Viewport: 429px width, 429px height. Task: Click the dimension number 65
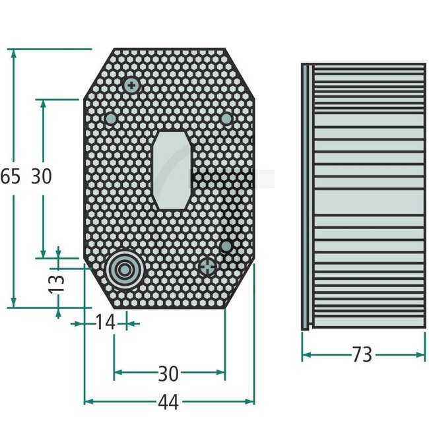click(10, 176)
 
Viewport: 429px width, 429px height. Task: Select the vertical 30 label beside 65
click(41, 176)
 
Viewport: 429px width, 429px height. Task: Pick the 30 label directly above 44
click(168, 374)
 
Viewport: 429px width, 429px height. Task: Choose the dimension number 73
click(362, 354)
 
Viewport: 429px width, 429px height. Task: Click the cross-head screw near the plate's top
click(132, 85)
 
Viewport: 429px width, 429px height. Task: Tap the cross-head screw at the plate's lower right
click(208, 267)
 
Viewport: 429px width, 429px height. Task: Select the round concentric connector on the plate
click(123, 270)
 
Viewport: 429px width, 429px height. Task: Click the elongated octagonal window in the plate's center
click(170, 170)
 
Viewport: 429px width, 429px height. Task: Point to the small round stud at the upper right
click(226, 118)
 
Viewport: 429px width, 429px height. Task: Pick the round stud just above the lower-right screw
click(226, 246)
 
